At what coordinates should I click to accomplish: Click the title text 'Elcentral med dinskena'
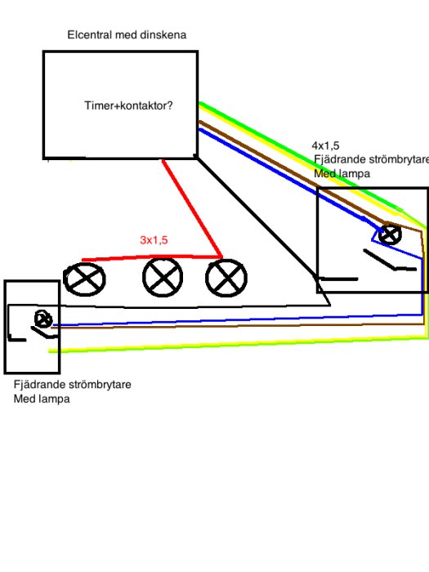click(127, 35)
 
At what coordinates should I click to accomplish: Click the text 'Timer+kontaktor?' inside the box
click(128, 105)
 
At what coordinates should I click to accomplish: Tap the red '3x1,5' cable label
click(154, 240)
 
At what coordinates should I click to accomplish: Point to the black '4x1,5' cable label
click(325, 145)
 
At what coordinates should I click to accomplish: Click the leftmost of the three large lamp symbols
click(84, 279)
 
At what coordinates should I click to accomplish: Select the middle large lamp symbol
click(163, 277)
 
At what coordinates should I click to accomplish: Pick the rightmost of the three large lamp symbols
click(226, 278)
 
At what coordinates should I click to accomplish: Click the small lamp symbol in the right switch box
click(390, 235)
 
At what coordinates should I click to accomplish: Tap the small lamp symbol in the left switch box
click(43, 320)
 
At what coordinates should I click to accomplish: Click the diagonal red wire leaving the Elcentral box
click(192, 208)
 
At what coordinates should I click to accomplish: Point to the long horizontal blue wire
click(238, 320)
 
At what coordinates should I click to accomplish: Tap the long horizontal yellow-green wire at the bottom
click(238, 345)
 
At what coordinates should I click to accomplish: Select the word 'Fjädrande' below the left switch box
click(37, 385)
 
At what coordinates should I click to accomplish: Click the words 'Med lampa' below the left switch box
click(42, 399)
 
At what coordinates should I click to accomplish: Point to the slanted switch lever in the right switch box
click(379, 260)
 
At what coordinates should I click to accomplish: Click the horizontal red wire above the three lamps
click(152, 258)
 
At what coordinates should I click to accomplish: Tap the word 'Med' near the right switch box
click(324, 173)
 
